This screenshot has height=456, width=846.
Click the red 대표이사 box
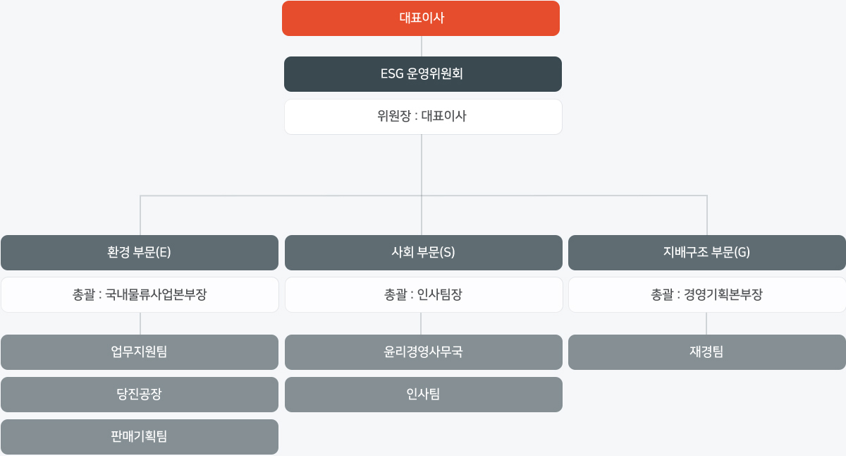coord(421,18)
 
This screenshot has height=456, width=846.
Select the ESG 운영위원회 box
coord(422,74)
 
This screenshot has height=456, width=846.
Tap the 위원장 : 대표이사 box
coord(423,117)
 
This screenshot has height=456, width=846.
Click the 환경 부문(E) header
coord(140,253)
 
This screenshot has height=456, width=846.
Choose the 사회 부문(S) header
coord(424,253)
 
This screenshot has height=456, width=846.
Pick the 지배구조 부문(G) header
coord(707,253)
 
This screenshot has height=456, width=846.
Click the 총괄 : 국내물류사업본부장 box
coord(140,295)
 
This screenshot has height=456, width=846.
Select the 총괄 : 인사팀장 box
coord(424,295)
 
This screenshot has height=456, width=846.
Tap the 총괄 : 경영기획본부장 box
coord(707,295)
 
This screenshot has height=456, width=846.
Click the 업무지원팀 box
coord(140,352)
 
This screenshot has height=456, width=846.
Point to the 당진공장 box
coord(140,395)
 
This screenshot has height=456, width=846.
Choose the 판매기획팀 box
coord(140,437)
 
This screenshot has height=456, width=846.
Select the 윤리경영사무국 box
coord(424,352)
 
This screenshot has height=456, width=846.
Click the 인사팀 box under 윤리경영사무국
coord(424,395)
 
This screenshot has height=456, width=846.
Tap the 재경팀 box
coord(707,352)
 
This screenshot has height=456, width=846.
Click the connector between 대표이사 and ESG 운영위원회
coord(422,46)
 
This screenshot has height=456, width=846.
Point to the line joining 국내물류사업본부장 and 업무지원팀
coord(140,324)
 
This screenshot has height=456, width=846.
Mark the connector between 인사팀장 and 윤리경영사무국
coord(421,324)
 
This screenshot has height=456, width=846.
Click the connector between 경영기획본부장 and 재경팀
coord(706,324)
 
